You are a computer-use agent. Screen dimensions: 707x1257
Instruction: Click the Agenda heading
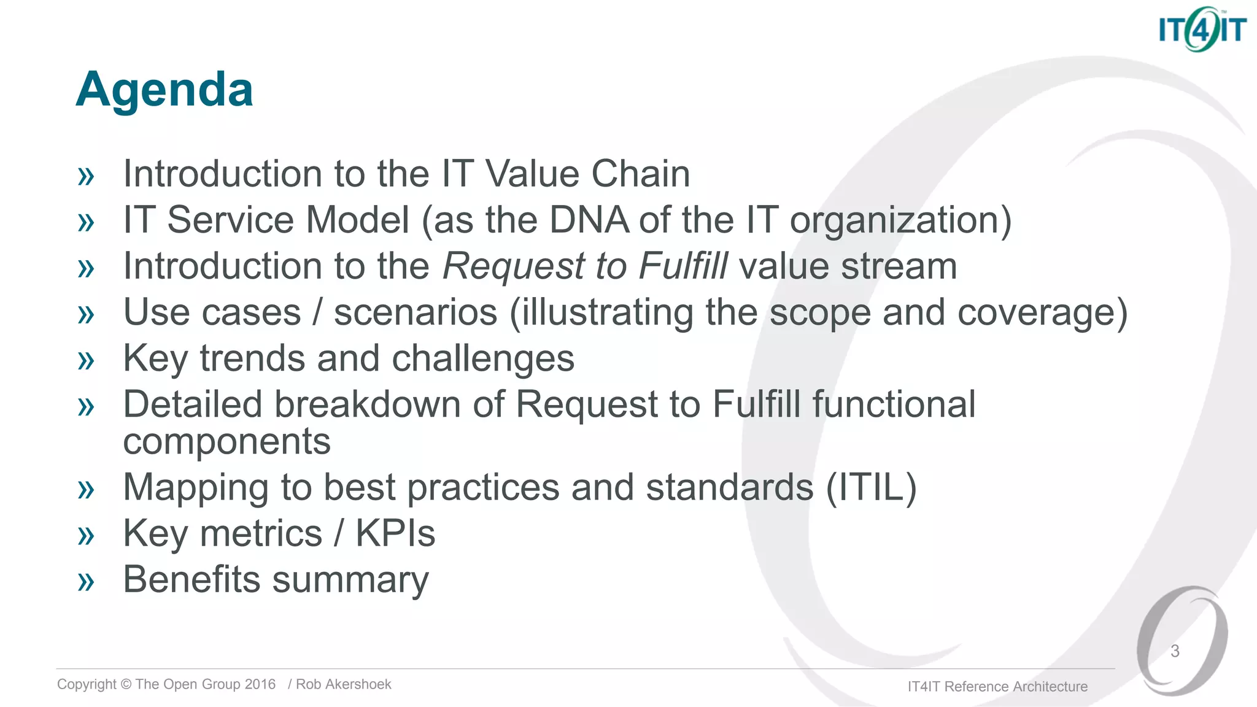point(164,90)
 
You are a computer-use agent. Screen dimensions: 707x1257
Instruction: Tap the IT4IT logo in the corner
point(1202,29)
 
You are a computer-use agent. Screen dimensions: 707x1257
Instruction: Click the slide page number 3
point(1175,651)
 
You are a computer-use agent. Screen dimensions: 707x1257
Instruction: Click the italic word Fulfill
point(683,266)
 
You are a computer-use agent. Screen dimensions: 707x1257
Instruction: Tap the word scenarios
point(416,312)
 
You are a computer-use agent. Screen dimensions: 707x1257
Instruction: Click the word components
point(226,441)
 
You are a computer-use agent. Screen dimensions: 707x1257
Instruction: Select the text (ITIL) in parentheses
point(871,487)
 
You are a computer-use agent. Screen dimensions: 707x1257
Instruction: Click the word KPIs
point(395,533)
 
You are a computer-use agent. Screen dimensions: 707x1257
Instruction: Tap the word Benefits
point(191,579)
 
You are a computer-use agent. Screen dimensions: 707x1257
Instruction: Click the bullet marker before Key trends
point(86,361)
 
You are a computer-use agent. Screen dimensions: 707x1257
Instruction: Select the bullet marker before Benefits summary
point(86,582)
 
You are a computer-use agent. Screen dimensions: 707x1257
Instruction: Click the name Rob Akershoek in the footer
point(343,684)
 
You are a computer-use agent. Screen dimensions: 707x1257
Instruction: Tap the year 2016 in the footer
point(260,684)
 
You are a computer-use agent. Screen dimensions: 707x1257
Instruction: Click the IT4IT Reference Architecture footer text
point(997,686)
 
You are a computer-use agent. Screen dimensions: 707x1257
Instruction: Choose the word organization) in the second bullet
point(900,221)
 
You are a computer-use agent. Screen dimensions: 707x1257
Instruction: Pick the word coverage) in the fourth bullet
point(1042,313)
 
